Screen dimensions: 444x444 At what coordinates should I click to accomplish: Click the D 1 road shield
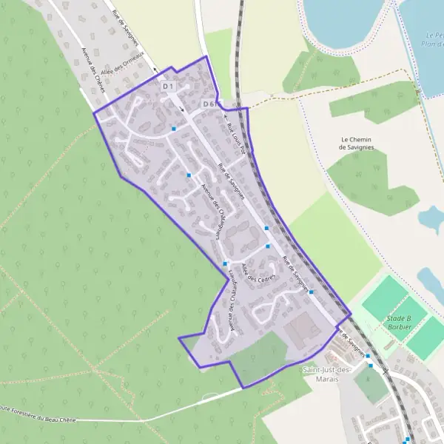[168, 87]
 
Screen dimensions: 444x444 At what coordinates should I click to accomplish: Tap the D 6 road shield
[208, 104]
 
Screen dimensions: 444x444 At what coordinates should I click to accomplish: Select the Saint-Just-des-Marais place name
[320, 374]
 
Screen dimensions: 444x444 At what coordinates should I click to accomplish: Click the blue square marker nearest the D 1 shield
[174, 129]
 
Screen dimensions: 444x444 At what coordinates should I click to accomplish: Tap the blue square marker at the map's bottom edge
[407, 440]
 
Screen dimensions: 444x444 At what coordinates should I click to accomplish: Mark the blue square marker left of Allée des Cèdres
[224, 263]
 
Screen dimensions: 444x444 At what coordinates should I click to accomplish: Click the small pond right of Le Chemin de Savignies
[431, 218]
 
